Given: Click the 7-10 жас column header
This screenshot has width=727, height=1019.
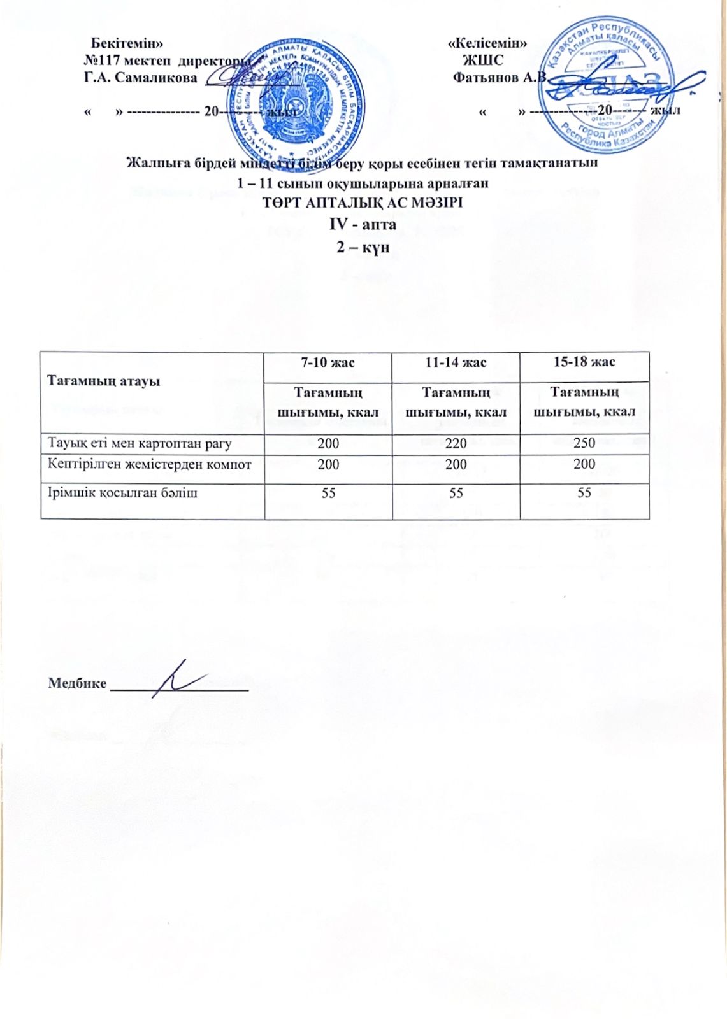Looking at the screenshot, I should pyautogui.click(x=328, y=362).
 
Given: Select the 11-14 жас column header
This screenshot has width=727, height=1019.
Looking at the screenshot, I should pyautogui.click(x=456, y=362).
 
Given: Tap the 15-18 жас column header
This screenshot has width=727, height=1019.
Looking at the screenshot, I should pyautogui.click(x=584, y=362).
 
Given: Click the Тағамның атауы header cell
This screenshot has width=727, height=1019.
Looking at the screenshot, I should pyautogui.click(x=103, y=381).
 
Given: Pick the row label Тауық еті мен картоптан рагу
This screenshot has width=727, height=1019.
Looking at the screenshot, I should pyautogui.click(x=140, y=443).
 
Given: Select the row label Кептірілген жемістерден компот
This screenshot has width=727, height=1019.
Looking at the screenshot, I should pyautogui.click(x=150, y=464).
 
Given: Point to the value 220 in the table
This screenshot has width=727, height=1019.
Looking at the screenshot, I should pyautogui.click(x=456, y=443).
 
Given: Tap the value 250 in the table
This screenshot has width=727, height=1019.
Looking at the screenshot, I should pyautogui.click(x=584, y=443).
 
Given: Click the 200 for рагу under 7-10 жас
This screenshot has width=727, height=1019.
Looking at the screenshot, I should pyautogui.click(x=328, y=443).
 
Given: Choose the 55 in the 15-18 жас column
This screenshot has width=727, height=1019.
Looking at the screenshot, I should pyautogui.click(x=584, y=492).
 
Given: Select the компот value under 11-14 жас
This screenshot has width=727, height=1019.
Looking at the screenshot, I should pyautogui.click(x=456, y=464).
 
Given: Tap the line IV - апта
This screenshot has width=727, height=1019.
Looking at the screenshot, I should pyautogui.click(x=363, y=224).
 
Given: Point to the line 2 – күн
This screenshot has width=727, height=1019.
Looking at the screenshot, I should pyautogui.click(x=363, y=246).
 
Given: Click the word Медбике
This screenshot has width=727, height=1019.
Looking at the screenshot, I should pyautogui.click(x=77, y=683).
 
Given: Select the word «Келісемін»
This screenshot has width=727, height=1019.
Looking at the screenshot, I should pyautogui.click(x=487, y=43).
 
